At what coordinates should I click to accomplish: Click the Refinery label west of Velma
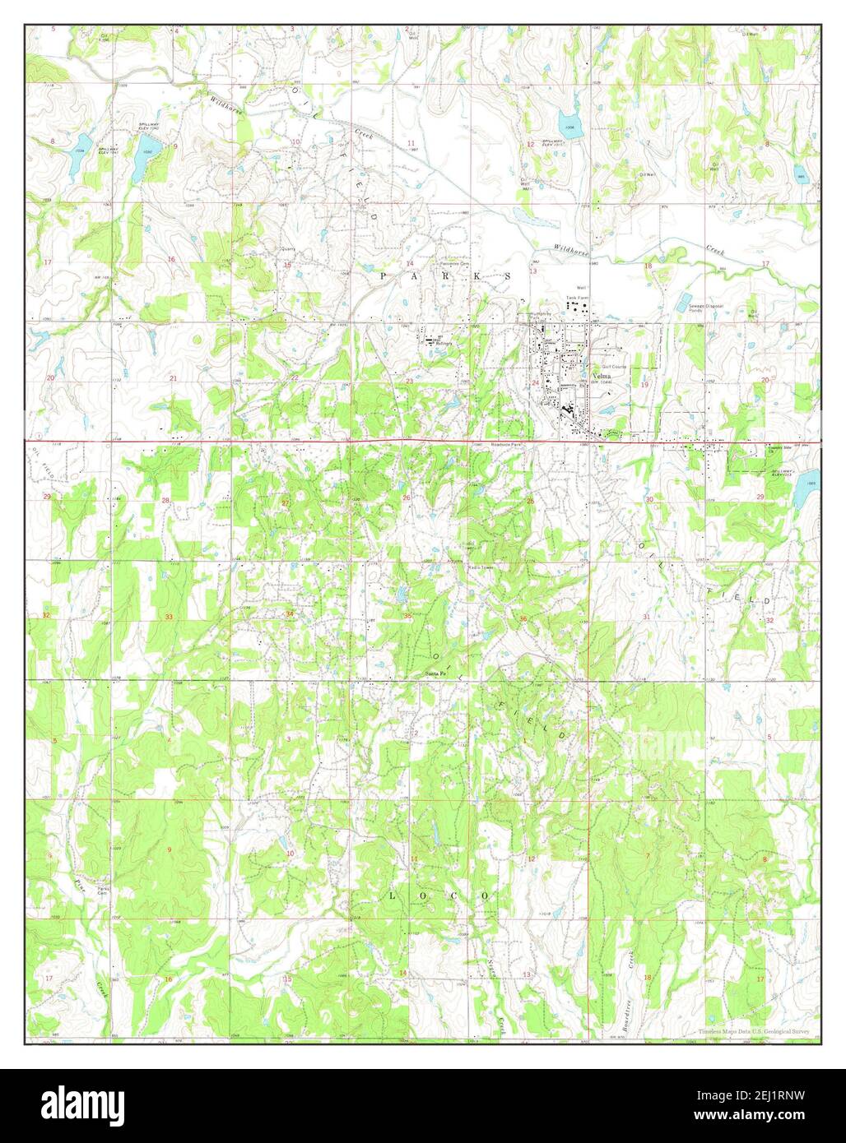(446, 343)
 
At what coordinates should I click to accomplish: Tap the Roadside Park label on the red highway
(486, 445)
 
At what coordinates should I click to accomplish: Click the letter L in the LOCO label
(393, 894)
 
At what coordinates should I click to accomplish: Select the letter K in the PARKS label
(475, 277)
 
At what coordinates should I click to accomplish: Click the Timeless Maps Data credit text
(754, 1031)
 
